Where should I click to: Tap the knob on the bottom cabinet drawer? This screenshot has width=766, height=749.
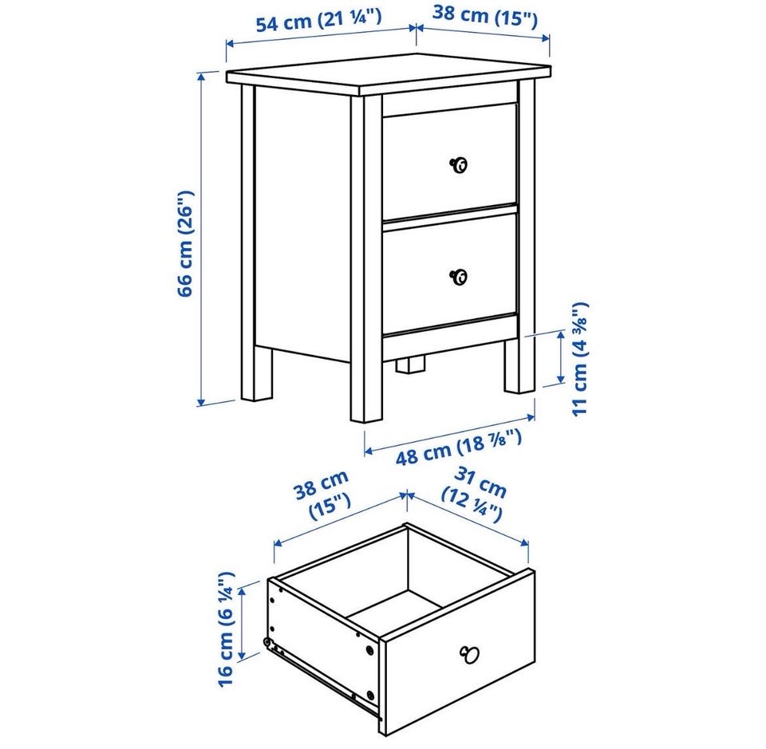(x=458, y=277)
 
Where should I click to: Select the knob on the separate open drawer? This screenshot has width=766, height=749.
(x=469, y=653)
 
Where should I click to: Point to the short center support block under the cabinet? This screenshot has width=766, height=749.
(x=409, y=365)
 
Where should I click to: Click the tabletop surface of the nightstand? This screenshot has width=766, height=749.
(x=389, y=73)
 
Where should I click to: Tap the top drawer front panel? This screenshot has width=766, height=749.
(x=449, y=160)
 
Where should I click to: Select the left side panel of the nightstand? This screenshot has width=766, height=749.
(x=302, y=223)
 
